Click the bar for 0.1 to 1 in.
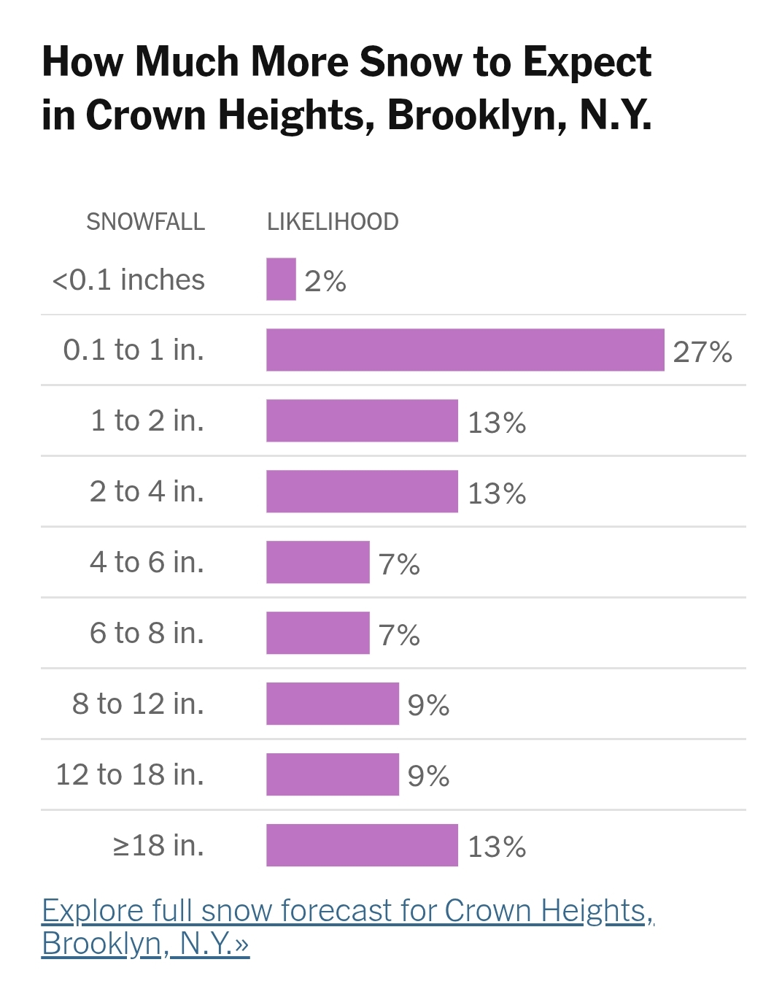[x=465, y=350]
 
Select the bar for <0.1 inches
[x=281, y=280]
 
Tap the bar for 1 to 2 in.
[x=362, y=421]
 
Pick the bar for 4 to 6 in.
[x=318, y=563]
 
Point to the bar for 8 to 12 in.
[x=333, y=704]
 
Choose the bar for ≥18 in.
[x=362, y=846]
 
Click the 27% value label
[x=702, y=352]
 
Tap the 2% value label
[x=325, y=281]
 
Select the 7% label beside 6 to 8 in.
[x=399, y=635]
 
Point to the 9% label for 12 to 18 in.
[x=428, y=776]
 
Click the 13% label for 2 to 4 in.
[x=497, y=493]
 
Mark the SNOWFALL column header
[x=145, y=222]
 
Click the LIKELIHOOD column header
[x=333, y=222]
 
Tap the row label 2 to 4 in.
[x=147, y=491]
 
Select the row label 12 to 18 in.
[x=130, y=774]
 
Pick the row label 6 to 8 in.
[x=147, y=633]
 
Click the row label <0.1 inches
[x=128, y=280]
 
